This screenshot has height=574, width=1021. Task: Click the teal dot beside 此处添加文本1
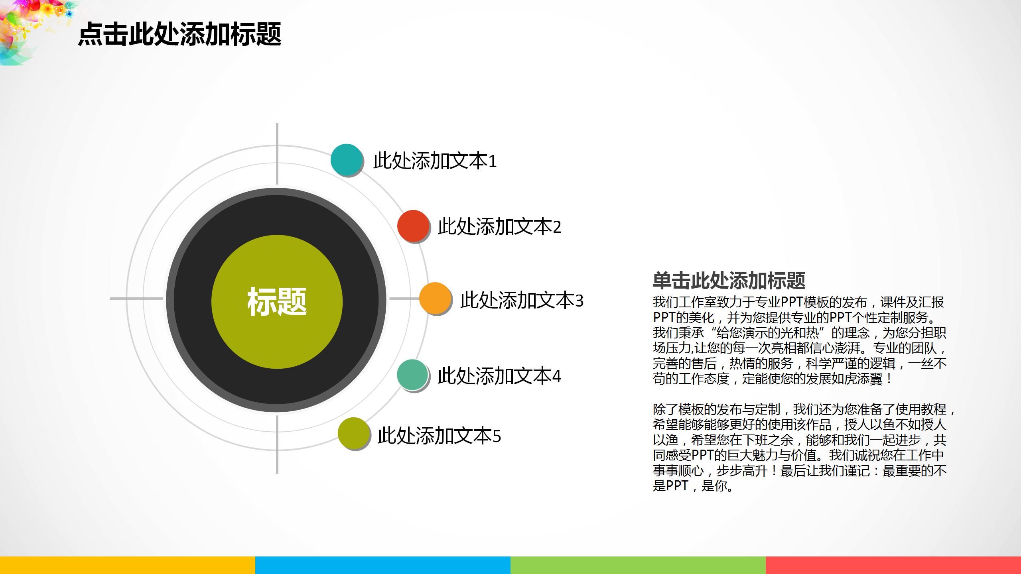pyautogui.click(x=346, y=159)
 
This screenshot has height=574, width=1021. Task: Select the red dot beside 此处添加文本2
pyautogui.click(x=413, y=226)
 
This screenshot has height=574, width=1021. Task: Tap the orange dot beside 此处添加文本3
pyautogui.click(x=435, y=298)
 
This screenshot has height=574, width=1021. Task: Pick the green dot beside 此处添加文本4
pyautogui.click(x=412, y=375)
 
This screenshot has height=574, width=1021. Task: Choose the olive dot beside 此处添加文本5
pyautogui.click(x=353, y=433)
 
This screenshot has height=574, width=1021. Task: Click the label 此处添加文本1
pyautogui.click(x=435, y=161)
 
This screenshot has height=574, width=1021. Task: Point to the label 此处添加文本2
pyautogui.click(x=499, y=226)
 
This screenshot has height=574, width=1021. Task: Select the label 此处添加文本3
pyautogui.click(x=522, y=300)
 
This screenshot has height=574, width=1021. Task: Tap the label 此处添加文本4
pyautogui.click(x=499, y=376)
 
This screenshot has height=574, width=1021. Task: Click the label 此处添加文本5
pyautogui.click(x=439, y=436)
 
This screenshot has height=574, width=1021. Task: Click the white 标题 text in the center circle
pyautogui.click(x=277, y=302)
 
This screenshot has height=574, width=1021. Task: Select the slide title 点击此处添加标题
pyautogui.click(x=179, y=34)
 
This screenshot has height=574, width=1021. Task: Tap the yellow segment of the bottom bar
pyautogui.click(x=128, y=565)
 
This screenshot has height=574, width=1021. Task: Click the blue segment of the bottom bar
pyautogui.click(x=383, y=565)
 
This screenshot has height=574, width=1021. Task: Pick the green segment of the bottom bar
pyautogui.click(x=638, y=565)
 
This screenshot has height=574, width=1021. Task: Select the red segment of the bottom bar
pyautogui.click(x=893, y=565)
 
